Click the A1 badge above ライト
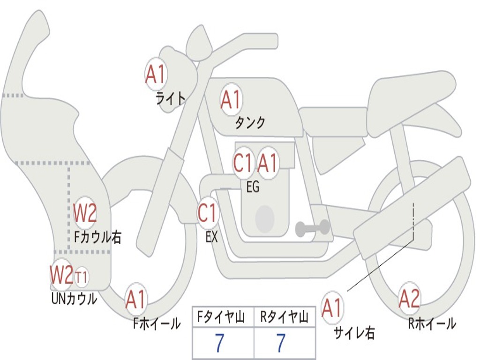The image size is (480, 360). pyautogui.click(x=156, y=74)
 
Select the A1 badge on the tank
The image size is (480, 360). pyautogui.click(x=231, y=99)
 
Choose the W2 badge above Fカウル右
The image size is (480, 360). pyautogui.click(x=85, y=213)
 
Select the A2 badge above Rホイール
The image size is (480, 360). pyautogui.click(x=409, y=299)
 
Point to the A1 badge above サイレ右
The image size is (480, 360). pyautogui.click(x=332, y=308)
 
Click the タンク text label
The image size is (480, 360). pyautogui.click(x=250, y=123)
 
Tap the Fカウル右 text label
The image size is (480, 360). pyautogui.click(x=98, y=237)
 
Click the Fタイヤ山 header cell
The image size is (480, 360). pyautogui.click(x=223, y=318)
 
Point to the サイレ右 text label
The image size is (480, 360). pyautogui.click(x=354, y=332)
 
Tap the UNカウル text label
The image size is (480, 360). pyautogui.click(x=74, y=298)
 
